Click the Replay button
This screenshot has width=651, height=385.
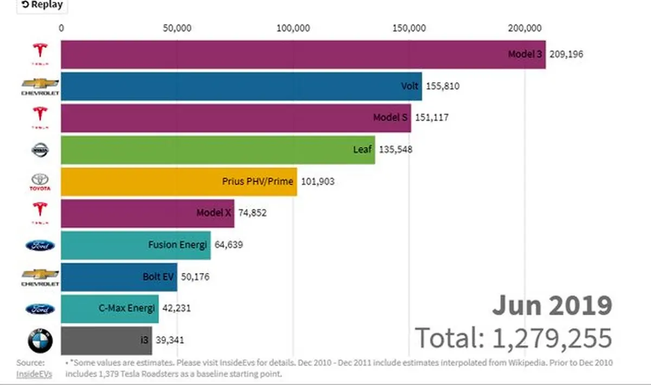click(41, 5)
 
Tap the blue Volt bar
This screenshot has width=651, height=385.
click(241, 86)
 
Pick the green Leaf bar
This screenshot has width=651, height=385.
click(218, 149)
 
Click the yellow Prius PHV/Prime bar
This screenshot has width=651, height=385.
click(178, 181)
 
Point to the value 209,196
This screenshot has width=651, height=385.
click(566, 54)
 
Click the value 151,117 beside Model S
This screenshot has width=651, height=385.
click(432, 117)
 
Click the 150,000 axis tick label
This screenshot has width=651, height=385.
click(410, 28)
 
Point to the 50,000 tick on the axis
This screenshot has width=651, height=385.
click(177, 28)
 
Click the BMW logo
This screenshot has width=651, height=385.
click(40, 341)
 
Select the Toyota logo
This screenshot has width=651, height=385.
click(40, 182)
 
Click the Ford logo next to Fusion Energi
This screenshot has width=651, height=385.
click(40, 246)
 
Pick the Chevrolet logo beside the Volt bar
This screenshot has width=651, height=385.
click(40, 86)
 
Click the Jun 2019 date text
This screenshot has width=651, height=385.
click(552, 306)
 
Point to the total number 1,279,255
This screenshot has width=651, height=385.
click(552, 338)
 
